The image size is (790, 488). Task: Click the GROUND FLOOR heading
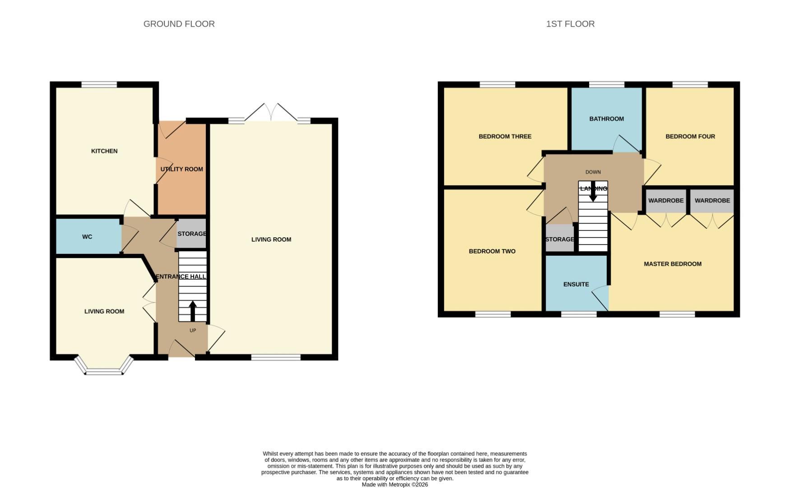[179, 24]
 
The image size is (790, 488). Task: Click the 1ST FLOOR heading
[570, 24]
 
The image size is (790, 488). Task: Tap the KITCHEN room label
[104, 151]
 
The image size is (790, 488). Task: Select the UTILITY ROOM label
[182, 169]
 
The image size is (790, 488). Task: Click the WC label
[87, 237]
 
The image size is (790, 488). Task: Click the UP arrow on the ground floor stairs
[192, 311]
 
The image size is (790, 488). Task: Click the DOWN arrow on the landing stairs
[593, 192]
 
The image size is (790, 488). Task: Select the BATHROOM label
[606, 119]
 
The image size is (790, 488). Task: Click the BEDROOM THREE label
[505, 136]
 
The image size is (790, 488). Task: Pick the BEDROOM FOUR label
[690, 136]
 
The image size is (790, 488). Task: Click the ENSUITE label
[576, 284]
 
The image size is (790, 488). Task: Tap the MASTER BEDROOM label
[672, 264]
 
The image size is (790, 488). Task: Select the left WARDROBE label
[666, 201]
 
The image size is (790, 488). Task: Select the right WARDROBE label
[712, 201]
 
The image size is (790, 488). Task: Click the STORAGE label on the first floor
[560, 239]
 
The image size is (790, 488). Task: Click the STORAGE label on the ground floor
[192, 234]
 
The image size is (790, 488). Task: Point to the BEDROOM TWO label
[492, 251]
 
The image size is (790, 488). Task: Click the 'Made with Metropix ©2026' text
[395, 484]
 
